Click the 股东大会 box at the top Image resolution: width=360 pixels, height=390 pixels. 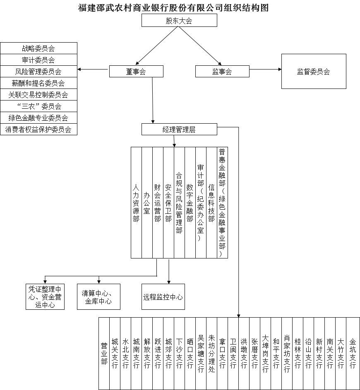point(179,20)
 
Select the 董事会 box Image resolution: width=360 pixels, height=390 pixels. point(136,72)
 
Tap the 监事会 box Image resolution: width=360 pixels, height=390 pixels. point(222,72)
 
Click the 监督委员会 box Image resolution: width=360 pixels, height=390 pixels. point(314,72)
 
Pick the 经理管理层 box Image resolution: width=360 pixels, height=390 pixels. point(179,129)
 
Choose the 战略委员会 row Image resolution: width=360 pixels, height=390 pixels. point(38,48)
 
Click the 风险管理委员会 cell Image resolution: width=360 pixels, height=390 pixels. point(38,72)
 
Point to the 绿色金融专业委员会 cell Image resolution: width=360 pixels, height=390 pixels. point(38,117)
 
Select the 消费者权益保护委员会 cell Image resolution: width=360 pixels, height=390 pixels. point(38,129)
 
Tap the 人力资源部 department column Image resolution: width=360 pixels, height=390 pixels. point(136,203)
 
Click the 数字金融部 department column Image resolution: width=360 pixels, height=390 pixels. point(190,203)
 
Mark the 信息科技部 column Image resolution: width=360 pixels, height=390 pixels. point(212,203)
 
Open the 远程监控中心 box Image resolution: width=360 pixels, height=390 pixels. point(163,297)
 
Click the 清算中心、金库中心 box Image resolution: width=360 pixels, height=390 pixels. point(98,297)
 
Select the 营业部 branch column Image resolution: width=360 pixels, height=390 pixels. point(104,354)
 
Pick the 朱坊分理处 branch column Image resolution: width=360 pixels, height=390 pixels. point(212,354)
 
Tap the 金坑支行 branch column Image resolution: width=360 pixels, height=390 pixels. point(353,354)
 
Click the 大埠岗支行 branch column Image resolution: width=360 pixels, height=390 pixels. point(266,354)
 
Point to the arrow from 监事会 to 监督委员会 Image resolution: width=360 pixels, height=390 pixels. point(266,69)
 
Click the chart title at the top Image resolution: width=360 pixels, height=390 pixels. point(173,7)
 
